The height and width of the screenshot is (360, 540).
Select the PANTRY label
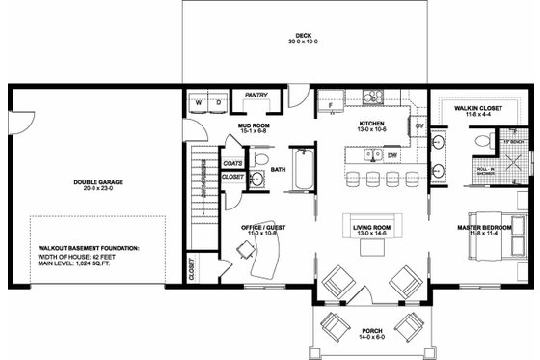tap(256, 96)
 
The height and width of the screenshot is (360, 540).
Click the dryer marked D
tap(219, 100)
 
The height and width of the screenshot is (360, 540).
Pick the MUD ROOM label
tap(253, 125)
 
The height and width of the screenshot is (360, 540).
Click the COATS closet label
tap(232, 165)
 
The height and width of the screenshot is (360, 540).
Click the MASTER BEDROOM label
tap(475, 228)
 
